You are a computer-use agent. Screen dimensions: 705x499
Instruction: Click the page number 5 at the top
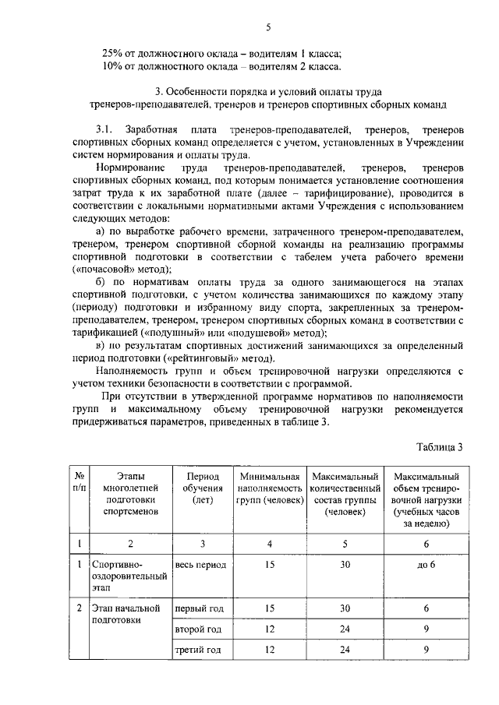coord(267,28)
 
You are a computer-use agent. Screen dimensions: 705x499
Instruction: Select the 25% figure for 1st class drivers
coord(114,53)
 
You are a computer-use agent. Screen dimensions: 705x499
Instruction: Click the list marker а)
coord(100,231)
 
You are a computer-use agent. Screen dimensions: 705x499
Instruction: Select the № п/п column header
coord(80,482)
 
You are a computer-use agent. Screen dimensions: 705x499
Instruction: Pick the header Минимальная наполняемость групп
coord(269,488)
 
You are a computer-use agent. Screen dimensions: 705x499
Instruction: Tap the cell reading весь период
coord(200,563)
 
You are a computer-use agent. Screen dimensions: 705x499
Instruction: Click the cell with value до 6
coord(426,563)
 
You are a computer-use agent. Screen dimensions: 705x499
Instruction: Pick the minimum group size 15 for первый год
coord(269,607)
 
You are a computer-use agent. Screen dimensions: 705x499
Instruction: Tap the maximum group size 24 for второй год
coord(344,628)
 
